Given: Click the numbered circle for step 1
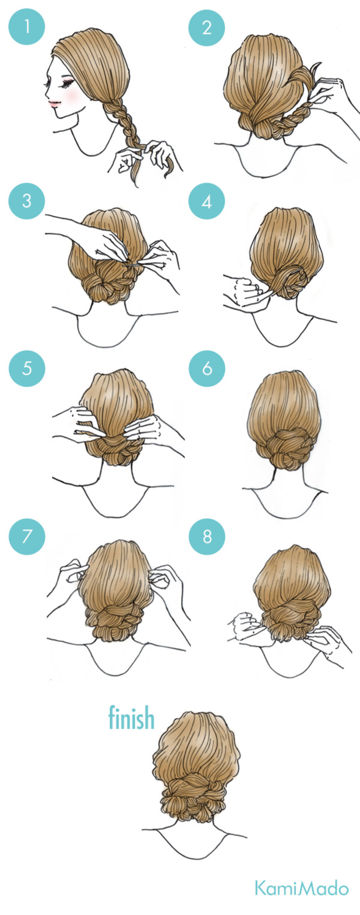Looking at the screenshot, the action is (27, 27).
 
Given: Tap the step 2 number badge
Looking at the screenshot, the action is (207, 28).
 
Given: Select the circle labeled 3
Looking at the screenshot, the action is (27, 201).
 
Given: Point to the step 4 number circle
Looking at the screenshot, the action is (207, 201).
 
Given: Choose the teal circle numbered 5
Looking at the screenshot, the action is (27, 368).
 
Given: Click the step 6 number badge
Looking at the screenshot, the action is (207, 368).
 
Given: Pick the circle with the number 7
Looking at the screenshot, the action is (27, 537).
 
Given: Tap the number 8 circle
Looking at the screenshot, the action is (207, 537).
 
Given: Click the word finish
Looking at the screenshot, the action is (131, 717).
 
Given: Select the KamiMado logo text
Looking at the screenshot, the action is (302, 888).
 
